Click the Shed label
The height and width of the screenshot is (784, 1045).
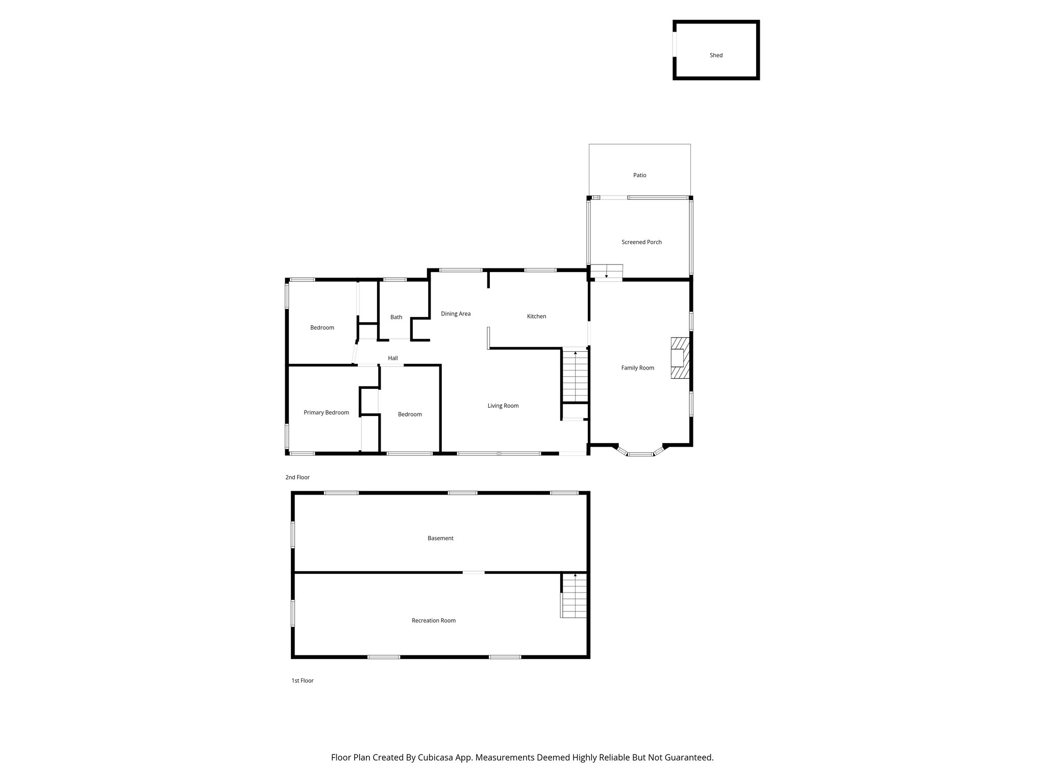[716, 55]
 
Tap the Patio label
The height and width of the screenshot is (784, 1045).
[639, 175]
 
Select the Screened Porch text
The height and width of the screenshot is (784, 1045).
[641, 242]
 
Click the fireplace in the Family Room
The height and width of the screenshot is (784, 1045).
[680, 358]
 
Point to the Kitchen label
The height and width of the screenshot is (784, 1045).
[536, 316]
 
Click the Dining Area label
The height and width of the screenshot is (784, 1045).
[456, 314]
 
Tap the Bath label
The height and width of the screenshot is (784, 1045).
[396, 317]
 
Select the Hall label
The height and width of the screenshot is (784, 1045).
[392, 358]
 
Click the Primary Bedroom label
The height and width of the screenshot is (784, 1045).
[326, 412]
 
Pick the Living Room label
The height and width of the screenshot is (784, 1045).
[503, 406]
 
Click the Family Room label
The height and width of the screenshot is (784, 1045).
[637, 367]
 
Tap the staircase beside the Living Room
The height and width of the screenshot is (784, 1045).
[575, 375]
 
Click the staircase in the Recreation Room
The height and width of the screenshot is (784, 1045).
[574, 596]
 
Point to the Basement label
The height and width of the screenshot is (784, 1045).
[440, 538]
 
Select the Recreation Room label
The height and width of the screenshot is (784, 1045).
[433, 621]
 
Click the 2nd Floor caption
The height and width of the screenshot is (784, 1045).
[297, 477]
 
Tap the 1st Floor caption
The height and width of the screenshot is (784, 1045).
[302, 680]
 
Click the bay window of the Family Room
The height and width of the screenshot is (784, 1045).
[640, 453]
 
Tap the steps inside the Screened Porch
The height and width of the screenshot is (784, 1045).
[607, 272]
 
